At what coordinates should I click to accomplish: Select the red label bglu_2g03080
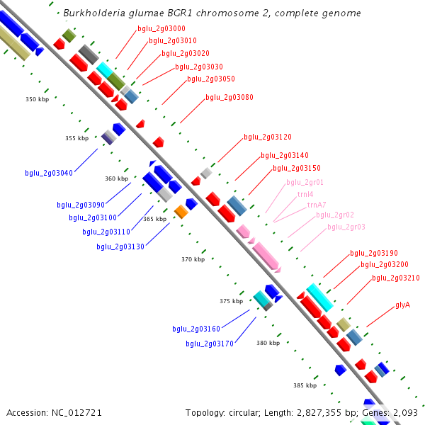229,97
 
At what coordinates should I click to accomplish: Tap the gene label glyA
402,305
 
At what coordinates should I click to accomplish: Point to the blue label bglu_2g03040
49,173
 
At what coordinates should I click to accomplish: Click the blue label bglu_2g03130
120,246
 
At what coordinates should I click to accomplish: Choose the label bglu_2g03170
210,344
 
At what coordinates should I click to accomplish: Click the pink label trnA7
317,205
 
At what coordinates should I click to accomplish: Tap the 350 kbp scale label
36,100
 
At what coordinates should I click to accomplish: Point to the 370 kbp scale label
192,259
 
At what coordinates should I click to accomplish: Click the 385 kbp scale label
305,385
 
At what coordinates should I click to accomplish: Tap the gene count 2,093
404,412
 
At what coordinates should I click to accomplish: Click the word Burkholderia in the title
89,13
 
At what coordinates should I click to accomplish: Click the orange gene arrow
181,211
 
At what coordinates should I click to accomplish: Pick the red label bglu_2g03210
396,278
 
